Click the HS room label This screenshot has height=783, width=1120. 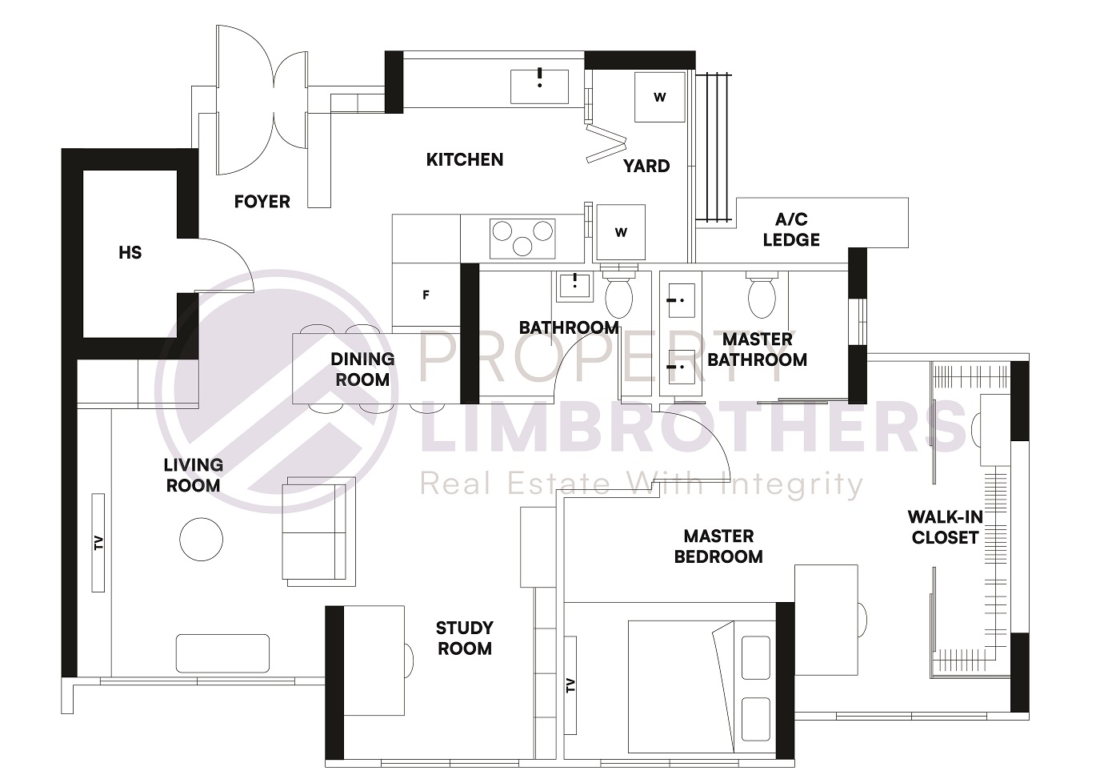(130, 253)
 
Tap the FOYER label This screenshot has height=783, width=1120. (262, 202)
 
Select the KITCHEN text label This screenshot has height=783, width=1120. (465, 160)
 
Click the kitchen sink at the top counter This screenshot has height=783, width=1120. (539, 86)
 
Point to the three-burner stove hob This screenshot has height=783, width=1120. (522, 238)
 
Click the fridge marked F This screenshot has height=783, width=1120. (426, 295)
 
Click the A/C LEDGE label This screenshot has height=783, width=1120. (790, 230)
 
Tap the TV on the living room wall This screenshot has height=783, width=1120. (98, 543)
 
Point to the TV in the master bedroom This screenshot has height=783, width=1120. (570, 685)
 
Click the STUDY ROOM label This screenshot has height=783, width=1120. (464, 638)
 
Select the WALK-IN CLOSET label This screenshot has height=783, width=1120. (945, 528)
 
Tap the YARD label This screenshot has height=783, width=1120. (646, 167)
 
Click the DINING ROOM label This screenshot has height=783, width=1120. (362, 369)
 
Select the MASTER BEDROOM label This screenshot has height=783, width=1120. (718, 547)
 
